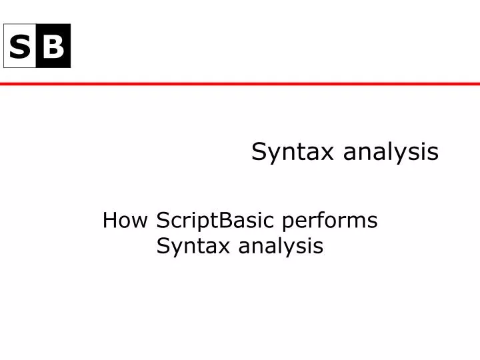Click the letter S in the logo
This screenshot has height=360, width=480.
[20, 46]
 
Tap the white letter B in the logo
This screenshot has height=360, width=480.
[54, 46]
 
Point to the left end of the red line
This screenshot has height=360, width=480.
[2, 84]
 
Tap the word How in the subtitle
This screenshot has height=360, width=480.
[127, 220]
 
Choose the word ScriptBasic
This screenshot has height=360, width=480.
[218, 221]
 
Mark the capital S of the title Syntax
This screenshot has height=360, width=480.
[258, 152]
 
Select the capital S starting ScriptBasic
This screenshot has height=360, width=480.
[163, 220]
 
